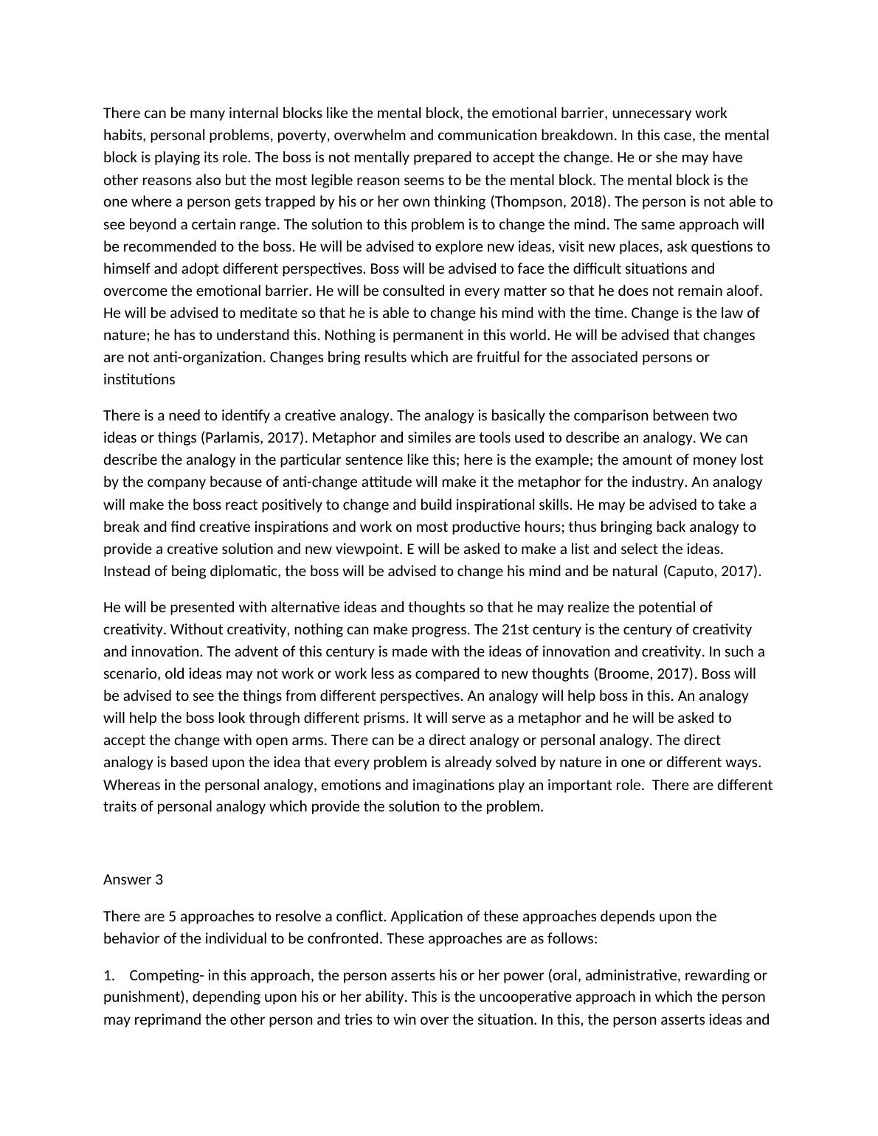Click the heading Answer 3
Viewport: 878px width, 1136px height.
coord(133,879)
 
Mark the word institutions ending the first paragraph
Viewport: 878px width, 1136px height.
coord(139,379)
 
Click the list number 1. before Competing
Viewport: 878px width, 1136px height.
coord(109,975)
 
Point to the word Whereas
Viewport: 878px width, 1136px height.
coord(130,784)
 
